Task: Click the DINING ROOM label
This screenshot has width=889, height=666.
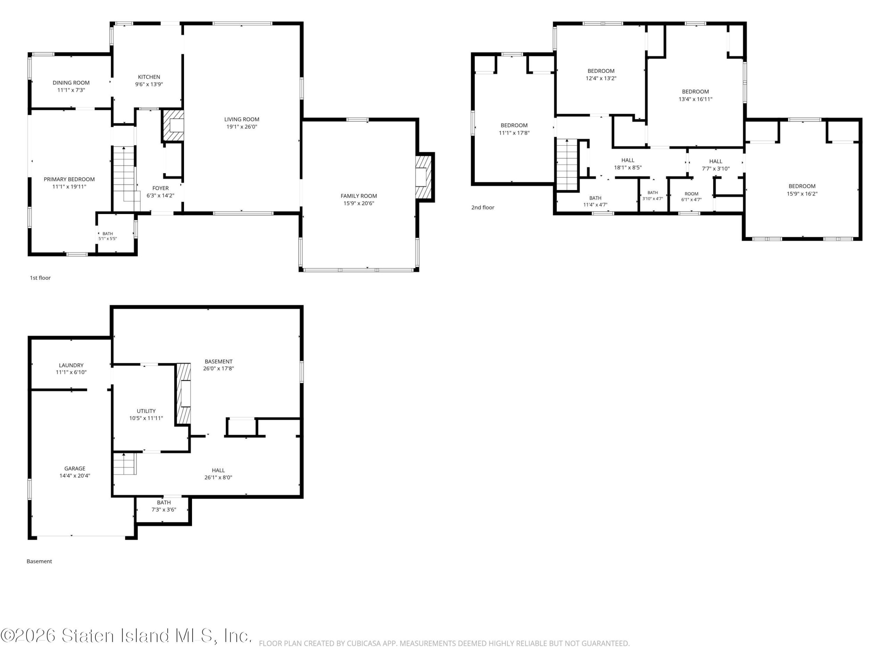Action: (71, 83)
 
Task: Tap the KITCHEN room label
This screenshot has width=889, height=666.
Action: (149, 77)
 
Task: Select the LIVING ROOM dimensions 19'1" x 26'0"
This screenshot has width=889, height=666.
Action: (242, 127)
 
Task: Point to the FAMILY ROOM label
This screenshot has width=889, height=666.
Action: (358, 196)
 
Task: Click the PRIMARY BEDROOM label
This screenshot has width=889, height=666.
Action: (69, 179)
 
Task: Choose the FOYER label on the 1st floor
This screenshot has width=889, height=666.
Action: (160, 188)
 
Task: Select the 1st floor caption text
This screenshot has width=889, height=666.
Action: (40, 278)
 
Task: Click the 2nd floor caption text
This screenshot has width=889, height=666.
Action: (483, 207)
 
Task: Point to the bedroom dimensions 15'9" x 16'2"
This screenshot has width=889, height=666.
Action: (802, 194)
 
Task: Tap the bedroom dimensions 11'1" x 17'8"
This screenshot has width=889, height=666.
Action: (514, 133)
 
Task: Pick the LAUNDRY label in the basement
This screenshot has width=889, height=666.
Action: (71, 365)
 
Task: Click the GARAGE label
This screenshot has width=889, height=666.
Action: (75, 469)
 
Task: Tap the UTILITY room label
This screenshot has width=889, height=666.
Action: (146, 411)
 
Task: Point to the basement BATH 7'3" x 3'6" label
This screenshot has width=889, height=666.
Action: (164, 506)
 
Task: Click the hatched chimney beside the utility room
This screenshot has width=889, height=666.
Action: (184, 393)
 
